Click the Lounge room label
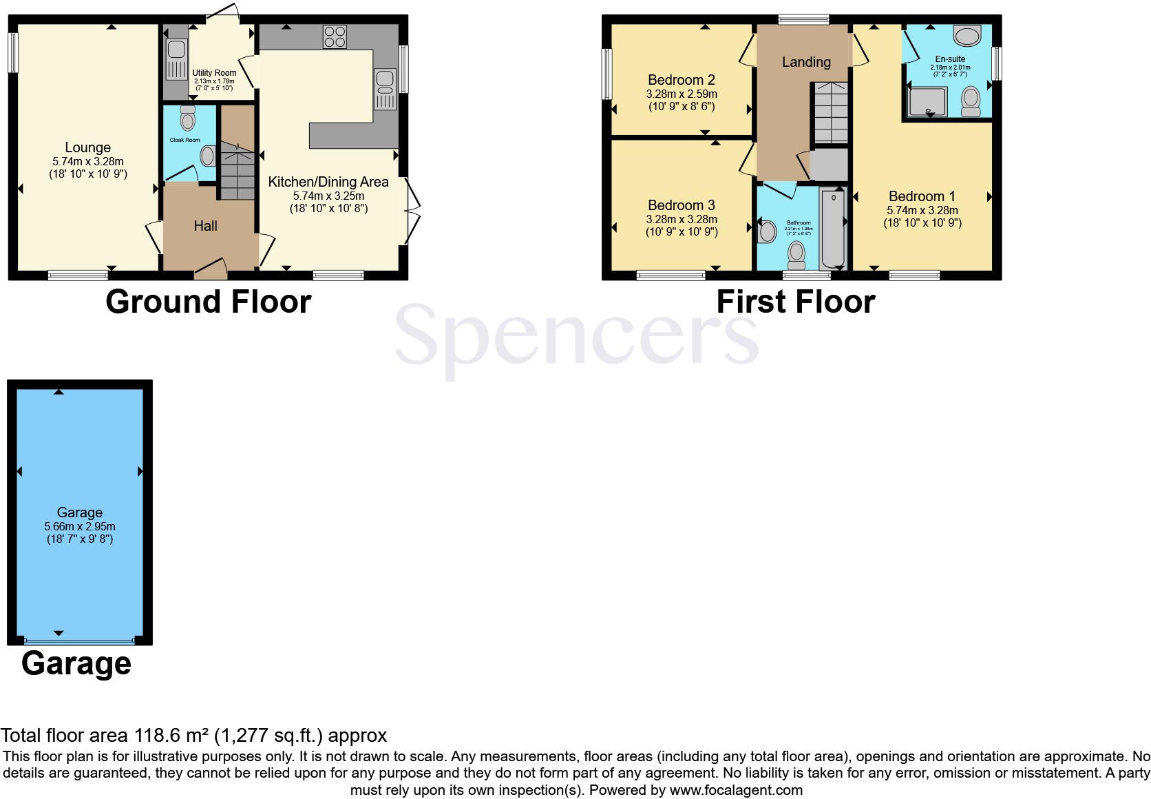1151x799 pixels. pos(87,147)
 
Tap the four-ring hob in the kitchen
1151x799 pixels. pos(335,36)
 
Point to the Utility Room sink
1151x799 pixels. pos(176,50)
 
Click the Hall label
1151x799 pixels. pos(205,226)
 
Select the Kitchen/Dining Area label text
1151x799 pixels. pos(328,182)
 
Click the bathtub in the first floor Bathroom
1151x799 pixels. pos(833,231)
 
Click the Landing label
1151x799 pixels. pos(805,62)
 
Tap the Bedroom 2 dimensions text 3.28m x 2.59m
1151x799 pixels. pos(681,94)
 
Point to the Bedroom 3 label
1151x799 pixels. pos(681,205)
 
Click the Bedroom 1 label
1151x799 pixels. pos(922,196)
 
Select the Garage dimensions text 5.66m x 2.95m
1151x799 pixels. pos(80,526)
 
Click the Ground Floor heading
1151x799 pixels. pos(208,302)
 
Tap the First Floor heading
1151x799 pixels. pos(795,302)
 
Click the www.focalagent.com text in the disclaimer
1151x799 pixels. pos(736,790)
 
